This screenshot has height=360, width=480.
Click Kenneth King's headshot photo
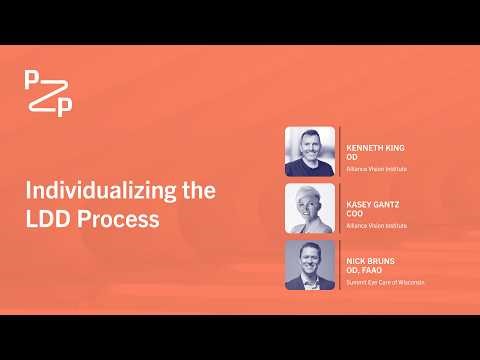coord(310,151)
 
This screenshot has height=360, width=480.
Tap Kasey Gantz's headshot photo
coord(310,208)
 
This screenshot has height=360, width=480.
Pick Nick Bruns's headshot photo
coord(310,265)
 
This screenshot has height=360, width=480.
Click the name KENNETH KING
coord(375,147)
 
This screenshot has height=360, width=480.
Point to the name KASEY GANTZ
coord(373,204)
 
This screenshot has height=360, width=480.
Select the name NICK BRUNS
coord(369,260)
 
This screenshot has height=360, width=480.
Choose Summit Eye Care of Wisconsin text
coord(385,282)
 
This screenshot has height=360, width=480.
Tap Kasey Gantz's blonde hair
coord(310,192)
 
